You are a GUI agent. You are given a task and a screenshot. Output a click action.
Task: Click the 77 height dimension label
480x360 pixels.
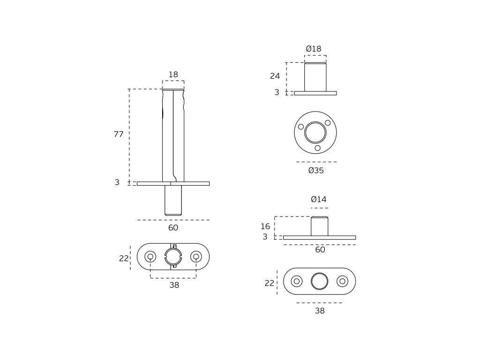click(x=119, y=135)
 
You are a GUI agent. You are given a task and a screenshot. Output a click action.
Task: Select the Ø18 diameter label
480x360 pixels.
click(x=314, y=49)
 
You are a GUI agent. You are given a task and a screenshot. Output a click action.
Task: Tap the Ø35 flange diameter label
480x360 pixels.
click(x=316, y=171)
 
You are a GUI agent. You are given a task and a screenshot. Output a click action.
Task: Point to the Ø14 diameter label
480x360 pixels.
click(x=319, y=200)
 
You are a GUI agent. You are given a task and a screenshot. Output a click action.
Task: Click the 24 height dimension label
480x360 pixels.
click(x=275, y=76)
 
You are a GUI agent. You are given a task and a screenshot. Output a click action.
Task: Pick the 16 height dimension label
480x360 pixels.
click(x=265, y=227)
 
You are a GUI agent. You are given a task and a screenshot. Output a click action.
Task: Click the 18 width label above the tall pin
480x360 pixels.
click(x=173, y=75)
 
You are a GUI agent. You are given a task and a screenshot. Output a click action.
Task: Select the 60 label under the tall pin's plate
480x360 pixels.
click(x=173, y=228)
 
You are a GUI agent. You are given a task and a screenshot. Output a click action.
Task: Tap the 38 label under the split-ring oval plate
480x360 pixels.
click(x=174, y=285)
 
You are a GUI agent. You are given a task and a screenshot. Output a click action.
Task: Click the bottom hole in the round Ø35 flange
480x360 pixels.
click(x=317, y=148)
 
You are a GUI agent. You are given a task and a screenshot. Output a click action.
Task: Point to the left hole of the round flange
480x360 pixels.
click(x=301, y=127)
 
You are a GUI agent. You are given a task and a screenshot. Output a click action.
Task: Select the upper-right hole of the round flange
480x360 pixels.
click(x=328, y=123)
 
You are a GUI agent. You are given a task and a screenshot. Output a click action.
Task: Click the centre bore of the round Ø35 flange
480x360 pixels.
click(x=315, y=133)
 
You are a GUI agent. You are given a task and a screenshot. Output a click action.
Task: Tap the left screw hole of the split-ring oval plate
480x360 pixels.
click(x=150, y=256)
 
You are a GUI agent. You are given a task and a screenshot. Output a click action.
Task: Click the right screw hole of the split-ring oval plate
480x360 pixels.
click(x=196, y=256)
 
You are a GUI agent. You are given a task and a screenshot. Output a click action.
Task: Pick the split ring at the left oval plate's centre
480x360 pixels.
click(x=173, y=256)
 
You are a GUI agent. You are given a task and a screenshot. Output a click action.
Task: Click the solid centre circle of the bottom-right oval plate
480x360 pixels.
click(x=319, y=281)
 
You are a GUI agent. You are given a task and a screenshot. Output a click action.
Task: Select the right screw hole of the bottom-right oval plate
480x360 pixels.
click(x=342, y=281)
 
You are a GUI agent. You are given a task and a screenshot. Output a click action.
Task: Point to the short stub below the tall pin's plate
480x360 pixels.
click(x=173, y=200)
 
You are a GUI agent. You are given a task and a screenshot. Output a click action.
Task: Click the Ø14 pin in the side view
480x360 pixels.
click(x=319, y=226)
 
